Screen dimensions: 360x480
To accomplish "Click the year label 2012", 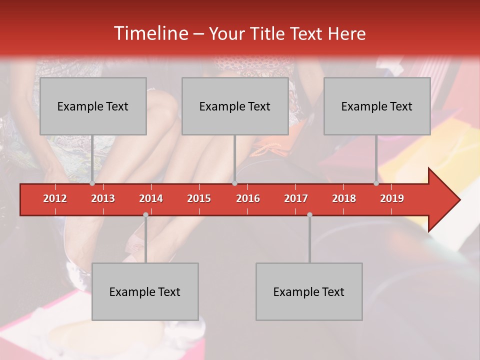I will tap(55, 198).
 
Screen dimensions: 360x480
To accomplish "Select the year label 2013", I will tap(103, 198).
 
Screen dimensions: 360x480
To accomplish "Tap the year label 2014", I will tap(151, 198).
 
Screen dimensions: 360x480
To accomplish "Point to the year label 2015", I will tap(199, 198).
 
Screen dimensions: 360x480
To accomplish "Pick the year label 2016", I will tap(248, 198).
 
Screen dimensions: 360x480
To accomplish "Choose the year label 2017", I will tap(296, 198).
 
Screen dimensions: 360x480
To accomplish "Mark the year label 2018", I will tap(344, 198).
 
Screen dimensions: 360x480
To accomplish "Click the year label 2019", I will tap(392, 198).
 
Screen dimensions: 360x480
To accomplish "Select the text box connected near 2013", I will tap(93, 106).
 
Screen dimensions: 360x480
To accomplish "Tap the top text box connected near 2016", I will tap(235, 106).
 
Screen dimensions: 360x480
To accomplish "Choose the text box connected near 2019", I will tap(377, 106).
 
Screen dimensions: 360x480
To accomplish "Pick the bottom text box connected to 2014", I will tap(145, 291).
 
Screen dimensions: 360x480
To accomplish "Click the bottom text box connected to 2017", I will tap(309, 291).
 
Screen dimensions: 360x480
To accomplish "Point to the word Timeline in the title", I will tap(150, 33).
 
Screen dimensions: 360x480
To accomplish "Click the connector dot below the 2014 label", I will tap(145, 215).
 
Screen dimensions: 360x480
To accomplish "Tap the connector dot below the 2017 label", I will tap(309, 215).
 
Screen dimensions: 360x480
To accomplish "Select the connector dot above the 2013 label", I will tap(92, 183).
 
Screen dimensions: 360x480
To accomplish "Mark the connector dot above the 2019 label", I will tap(376, 183).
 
